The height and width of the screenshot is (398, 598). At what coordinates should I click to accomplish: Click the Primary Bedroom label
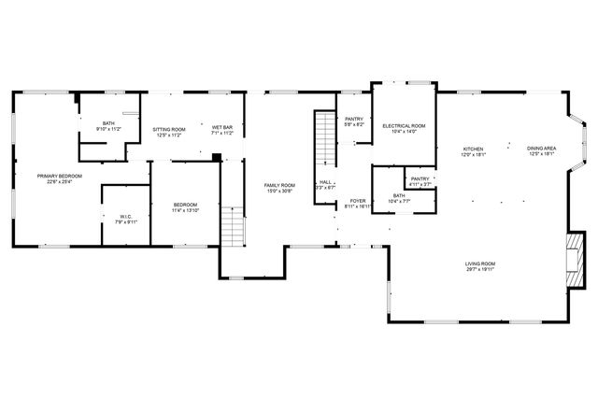pos(59,176)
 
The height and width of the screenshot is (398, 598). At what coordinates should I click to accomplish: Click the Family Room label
pos(278,185)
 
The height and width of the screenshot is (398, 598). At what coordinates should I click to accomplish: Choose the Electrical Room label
pos(404,125)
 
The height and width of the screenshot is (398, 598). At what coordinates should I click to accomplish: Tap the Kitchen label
pos(474,149)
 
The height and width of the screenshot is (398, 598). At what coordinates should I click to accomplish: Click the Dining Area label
pos(542,149)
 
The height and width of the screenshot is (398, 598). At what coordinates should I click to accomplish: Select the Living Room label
pos(480,264)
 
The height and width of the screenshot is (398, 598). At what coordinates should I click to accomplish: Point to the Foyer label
pos(358,201)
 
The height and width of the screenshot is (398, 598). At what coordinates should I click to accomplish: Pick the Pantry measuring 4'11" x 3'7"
pos(420,178)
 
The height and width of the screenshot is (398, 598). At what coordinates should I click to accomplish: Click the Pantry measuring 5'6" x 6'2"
pos(354,119)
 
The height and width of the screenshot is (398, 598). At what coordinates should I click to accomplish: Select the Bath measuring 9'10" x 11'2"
pos(108,123)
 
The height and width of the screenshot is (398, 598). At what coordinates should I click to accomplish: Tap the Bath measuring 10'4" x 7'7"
pos(399,196)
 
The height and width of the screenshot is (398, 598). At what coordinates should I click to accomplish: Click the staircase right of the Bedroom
pos(233,228)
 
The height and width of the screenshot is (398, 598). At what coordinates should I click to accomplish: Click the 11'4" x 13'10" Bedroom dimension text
pos(184,210)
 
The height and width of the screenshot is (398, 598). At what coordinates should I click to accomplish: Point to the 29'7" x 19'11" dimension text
pos(480,271)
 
